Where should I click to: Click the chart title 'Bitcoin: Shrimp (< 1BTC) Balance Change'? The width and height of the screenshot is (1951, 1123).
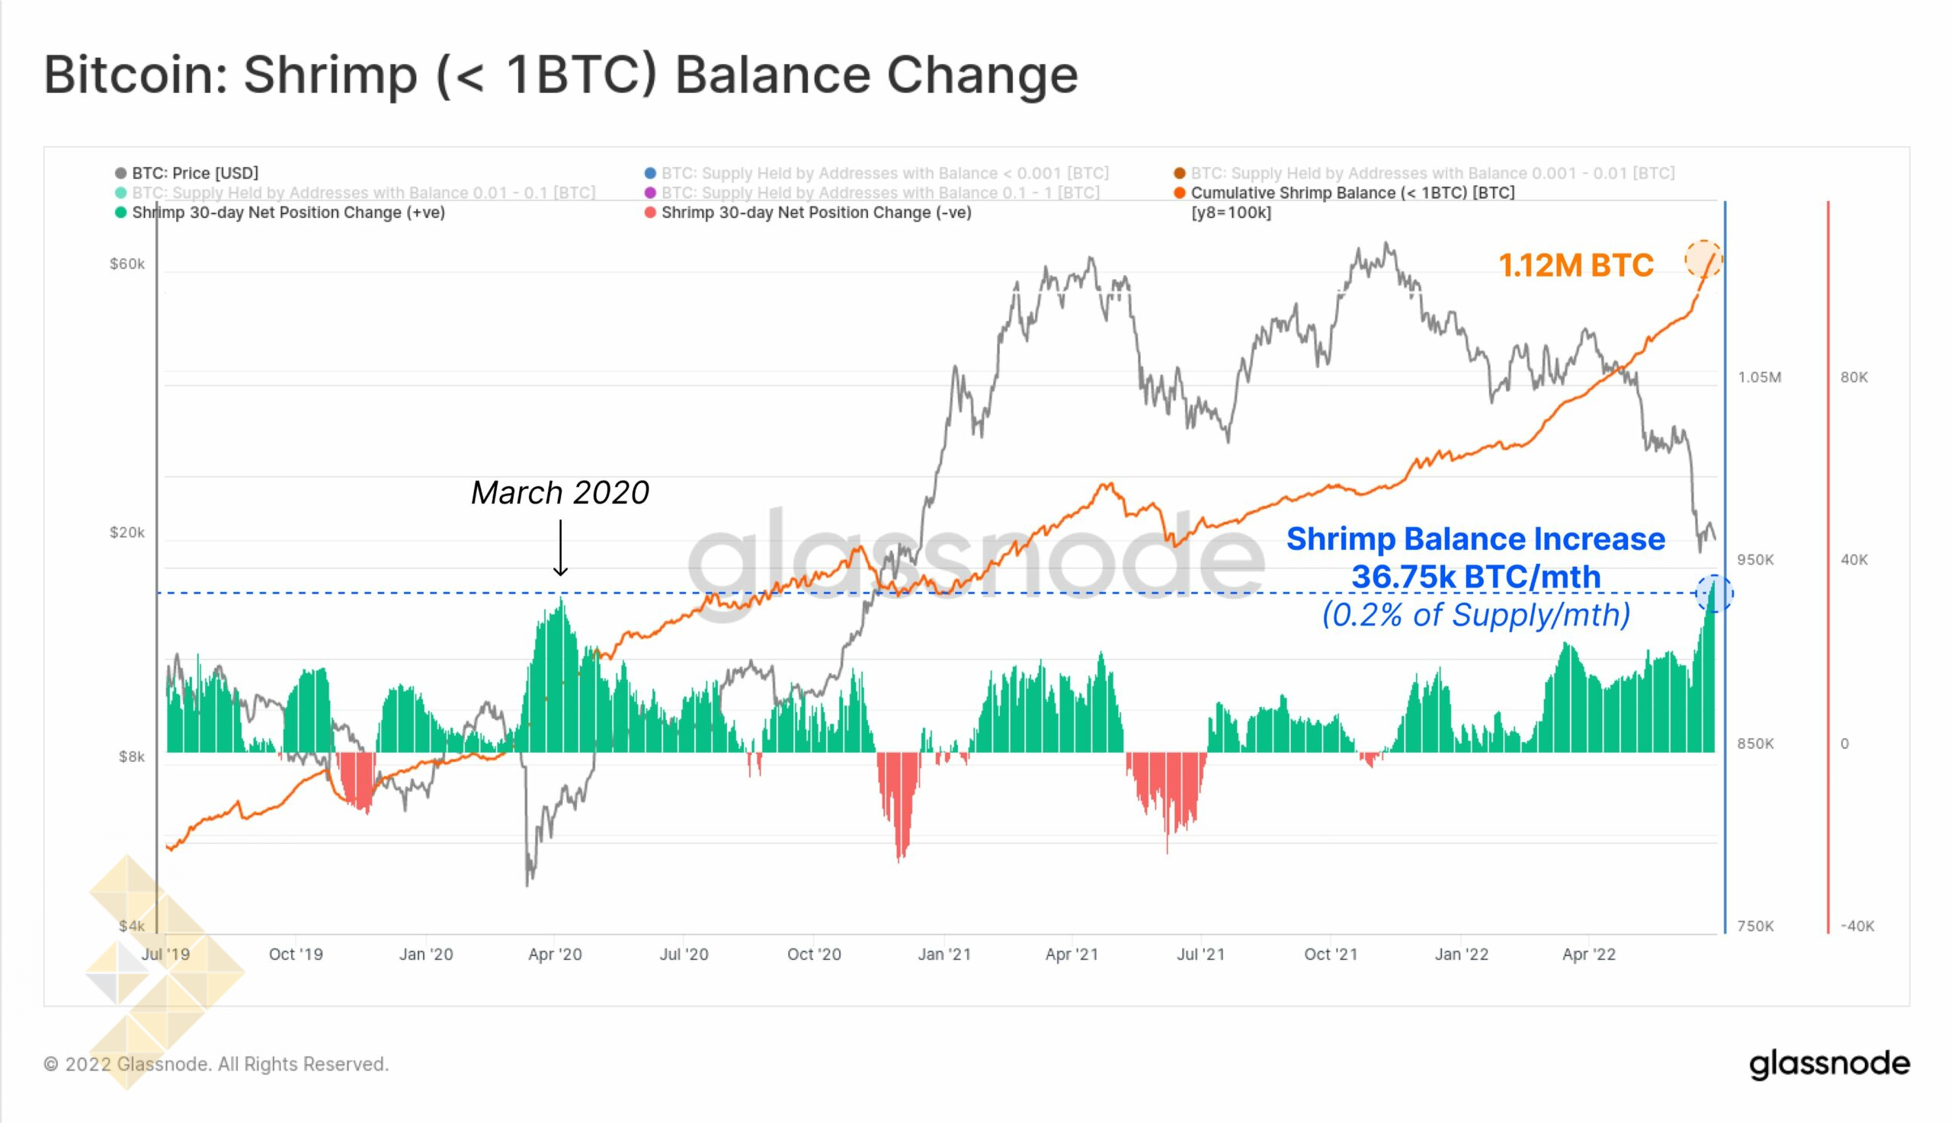click(560, 75)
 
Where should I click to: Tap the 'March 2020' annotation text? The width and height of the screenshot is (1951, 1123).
click(560, 493)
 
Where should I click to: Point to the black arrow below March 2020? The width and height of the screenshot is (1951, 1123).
click(561, 548)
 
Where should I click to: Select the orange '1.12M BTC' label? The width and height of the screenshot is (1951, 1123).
click(1575, 266)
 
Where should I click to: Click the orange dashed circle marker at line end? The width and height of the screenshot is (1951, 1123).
click(1703, 260)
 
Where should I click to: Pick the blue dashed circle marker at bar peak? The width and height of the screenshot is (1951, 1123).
click(1714, 593)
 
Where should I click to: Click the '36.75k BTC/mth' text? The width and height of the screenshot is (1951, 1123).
click(1475, 577)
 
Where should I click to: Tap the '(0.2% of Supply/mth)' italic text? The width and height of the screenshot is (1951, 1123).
click(1475, 616)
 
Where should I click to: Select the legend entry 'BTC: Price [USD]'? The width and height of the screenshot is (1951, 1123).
click(194, 174)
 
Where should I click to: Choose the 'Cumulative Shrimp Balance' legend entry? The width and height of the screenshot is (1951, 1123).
click(1351, 193)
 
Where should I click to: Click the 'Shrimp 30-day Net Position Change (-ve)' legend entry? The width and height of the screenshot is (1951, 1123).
click(815, 213)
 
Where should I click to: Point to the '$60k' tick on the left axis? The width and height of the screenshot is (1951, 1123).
click(127, 264)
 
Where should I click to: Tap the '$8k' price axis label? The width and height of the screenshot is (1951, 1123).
click(131, 757)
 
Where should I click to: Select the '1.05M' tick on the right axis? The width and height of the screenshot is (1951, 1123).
click(1759, 377)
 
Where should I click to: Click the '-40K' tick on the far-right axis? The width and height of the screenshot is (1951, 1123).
click(1857, 926)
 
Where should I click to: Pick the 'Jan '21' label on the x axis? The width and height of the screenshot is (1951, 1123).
click(943, 955)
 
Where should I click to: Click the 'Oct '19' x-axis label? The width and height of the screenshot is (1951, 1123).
click(296, 955)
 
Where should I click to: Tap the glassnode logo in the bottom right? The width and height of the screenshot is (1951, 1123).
click(1829, 1064)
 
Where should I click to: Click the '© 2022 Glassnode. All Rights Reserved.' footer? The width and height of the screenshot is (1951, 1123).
click(216, 1064)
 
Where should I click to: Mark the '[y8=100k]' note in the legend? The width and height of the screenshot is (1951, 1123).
click(1232, 213)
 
